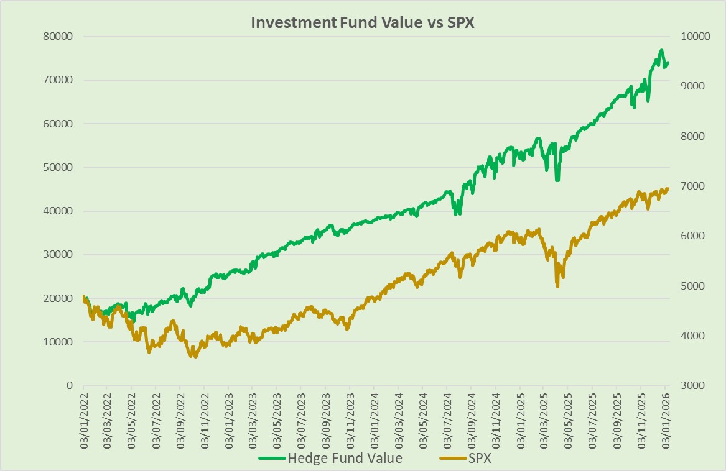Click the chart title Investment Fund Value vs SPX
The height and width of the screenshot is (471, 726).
(362, 22)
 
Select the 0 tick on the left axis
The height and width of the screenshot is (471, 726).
(70, 385)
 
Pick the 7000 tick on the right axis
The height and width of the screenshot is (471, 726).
(692, 186)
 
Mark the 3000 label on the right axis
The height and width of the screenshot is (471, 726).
(692, 385)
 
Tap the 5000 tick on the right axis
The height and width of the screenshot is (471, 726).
(692, 286)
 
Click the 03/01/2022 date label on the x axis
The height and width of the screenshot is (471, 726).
(83, 417)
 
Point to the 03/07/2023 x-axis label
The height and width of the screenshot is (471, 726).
(301, 417)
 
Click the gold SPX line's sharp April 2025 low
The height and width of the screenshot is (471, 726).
(557, 286)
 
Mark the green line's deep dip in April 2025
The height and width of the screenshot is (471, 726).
(557, 180)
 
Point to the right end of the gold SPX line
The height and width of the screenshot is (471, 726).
(668, 188)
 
